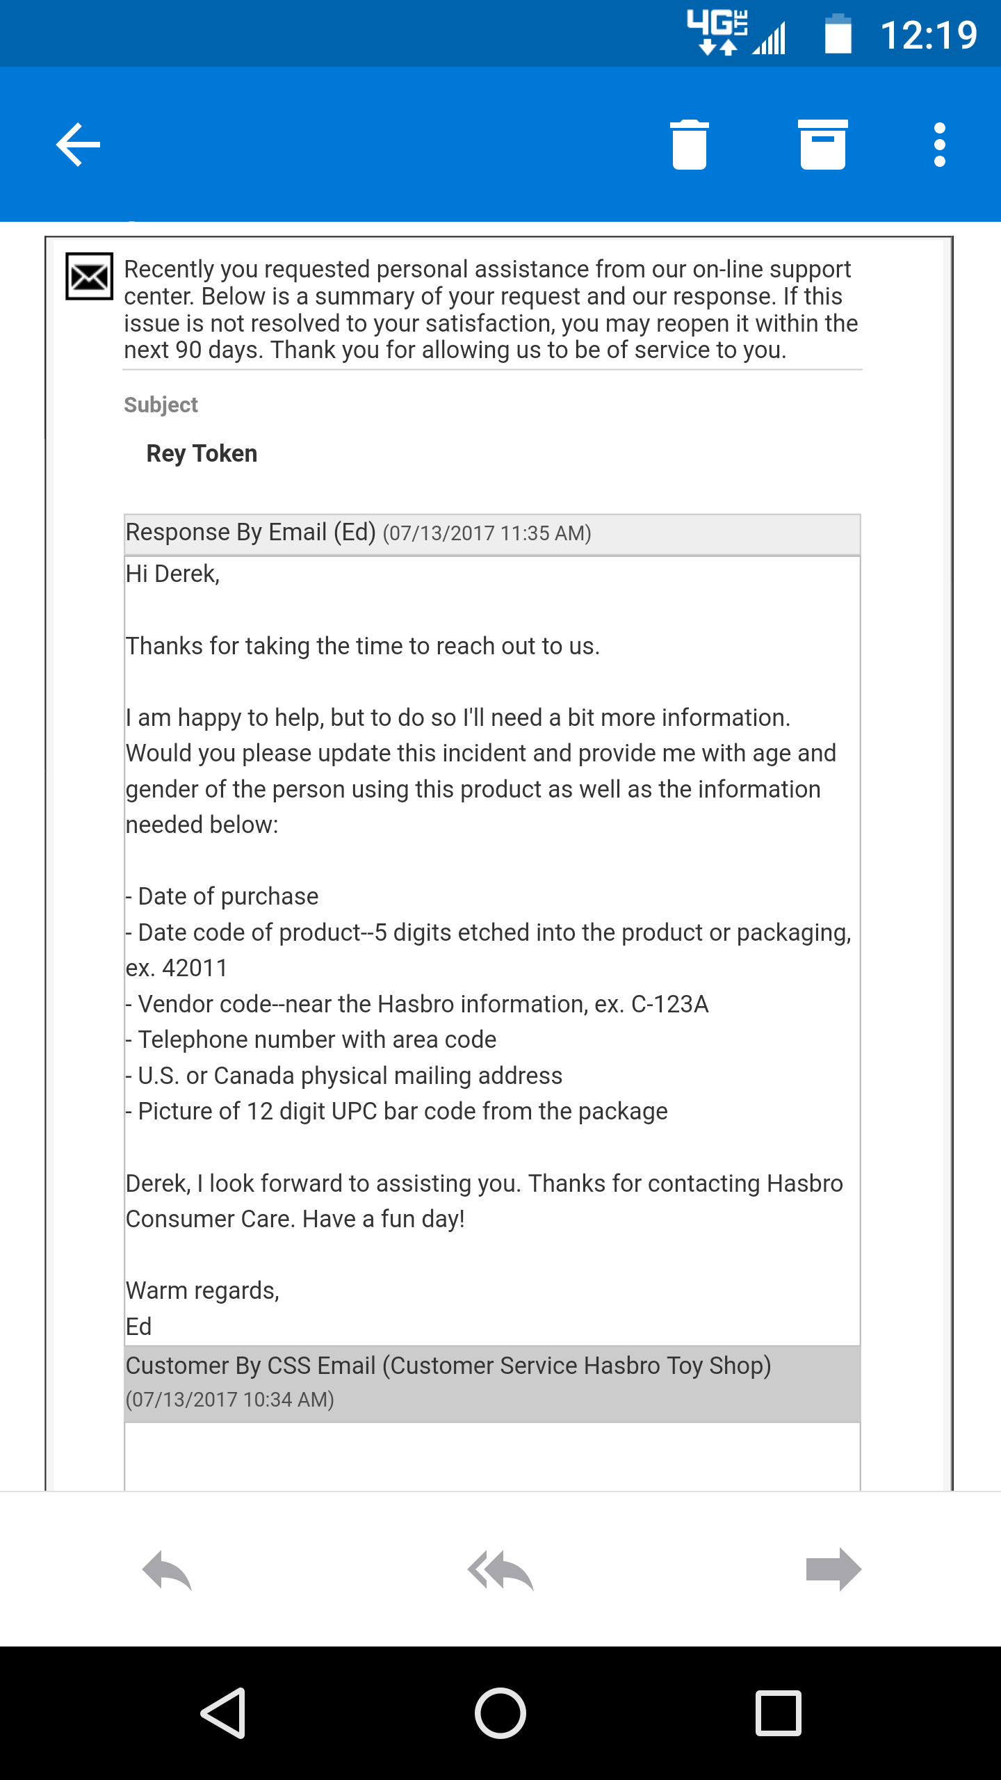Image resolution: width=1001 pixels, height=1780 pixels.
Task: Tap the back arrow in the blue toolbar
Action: coord(79,145)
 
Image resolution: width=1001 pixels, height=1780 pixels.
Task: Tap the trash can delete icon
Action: coord(689,145)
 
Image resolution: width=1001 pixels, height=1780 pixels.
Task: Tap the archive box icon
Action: coord(822,145)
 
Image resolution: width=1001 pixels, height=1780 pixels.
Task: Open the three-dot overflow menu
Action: coord(939,145)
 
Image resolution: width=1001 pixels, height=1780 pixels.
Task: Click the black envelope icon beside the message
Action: coord(89,277)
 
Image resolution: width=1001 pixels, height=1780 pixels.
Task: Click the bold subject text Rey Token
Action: coord(202,454)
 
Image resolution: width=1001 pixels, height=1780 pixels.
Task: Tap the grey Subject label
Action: coord(161,405)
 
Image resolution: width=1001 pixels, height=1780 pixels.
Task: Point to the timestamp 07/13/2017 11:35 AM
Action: coord(487,533)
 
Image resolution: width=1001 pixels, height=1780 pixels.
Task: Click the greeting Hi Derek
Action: coord(172,574)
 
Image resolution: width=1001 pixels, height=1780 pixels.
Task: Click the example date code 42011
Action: coord(195,969)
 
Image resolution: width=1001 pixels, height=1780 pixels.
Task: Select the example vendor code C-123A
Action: coord(669,1005)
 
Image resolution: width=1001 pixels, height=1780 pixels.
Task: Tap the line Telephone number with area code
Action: coord(317,1040)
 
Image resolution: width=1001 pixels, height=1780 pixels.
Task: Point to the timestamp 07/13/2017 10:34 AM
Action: coord(229,1400)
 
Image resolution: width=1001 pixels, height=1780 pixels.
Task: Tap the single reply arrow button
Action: coord(167,1570)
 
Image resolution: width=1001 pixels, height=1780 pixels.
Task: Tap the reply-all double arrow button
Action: coord(500,1570)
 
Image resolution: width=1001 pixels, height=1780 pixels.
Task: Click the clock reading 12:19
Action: coord(928,35)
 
